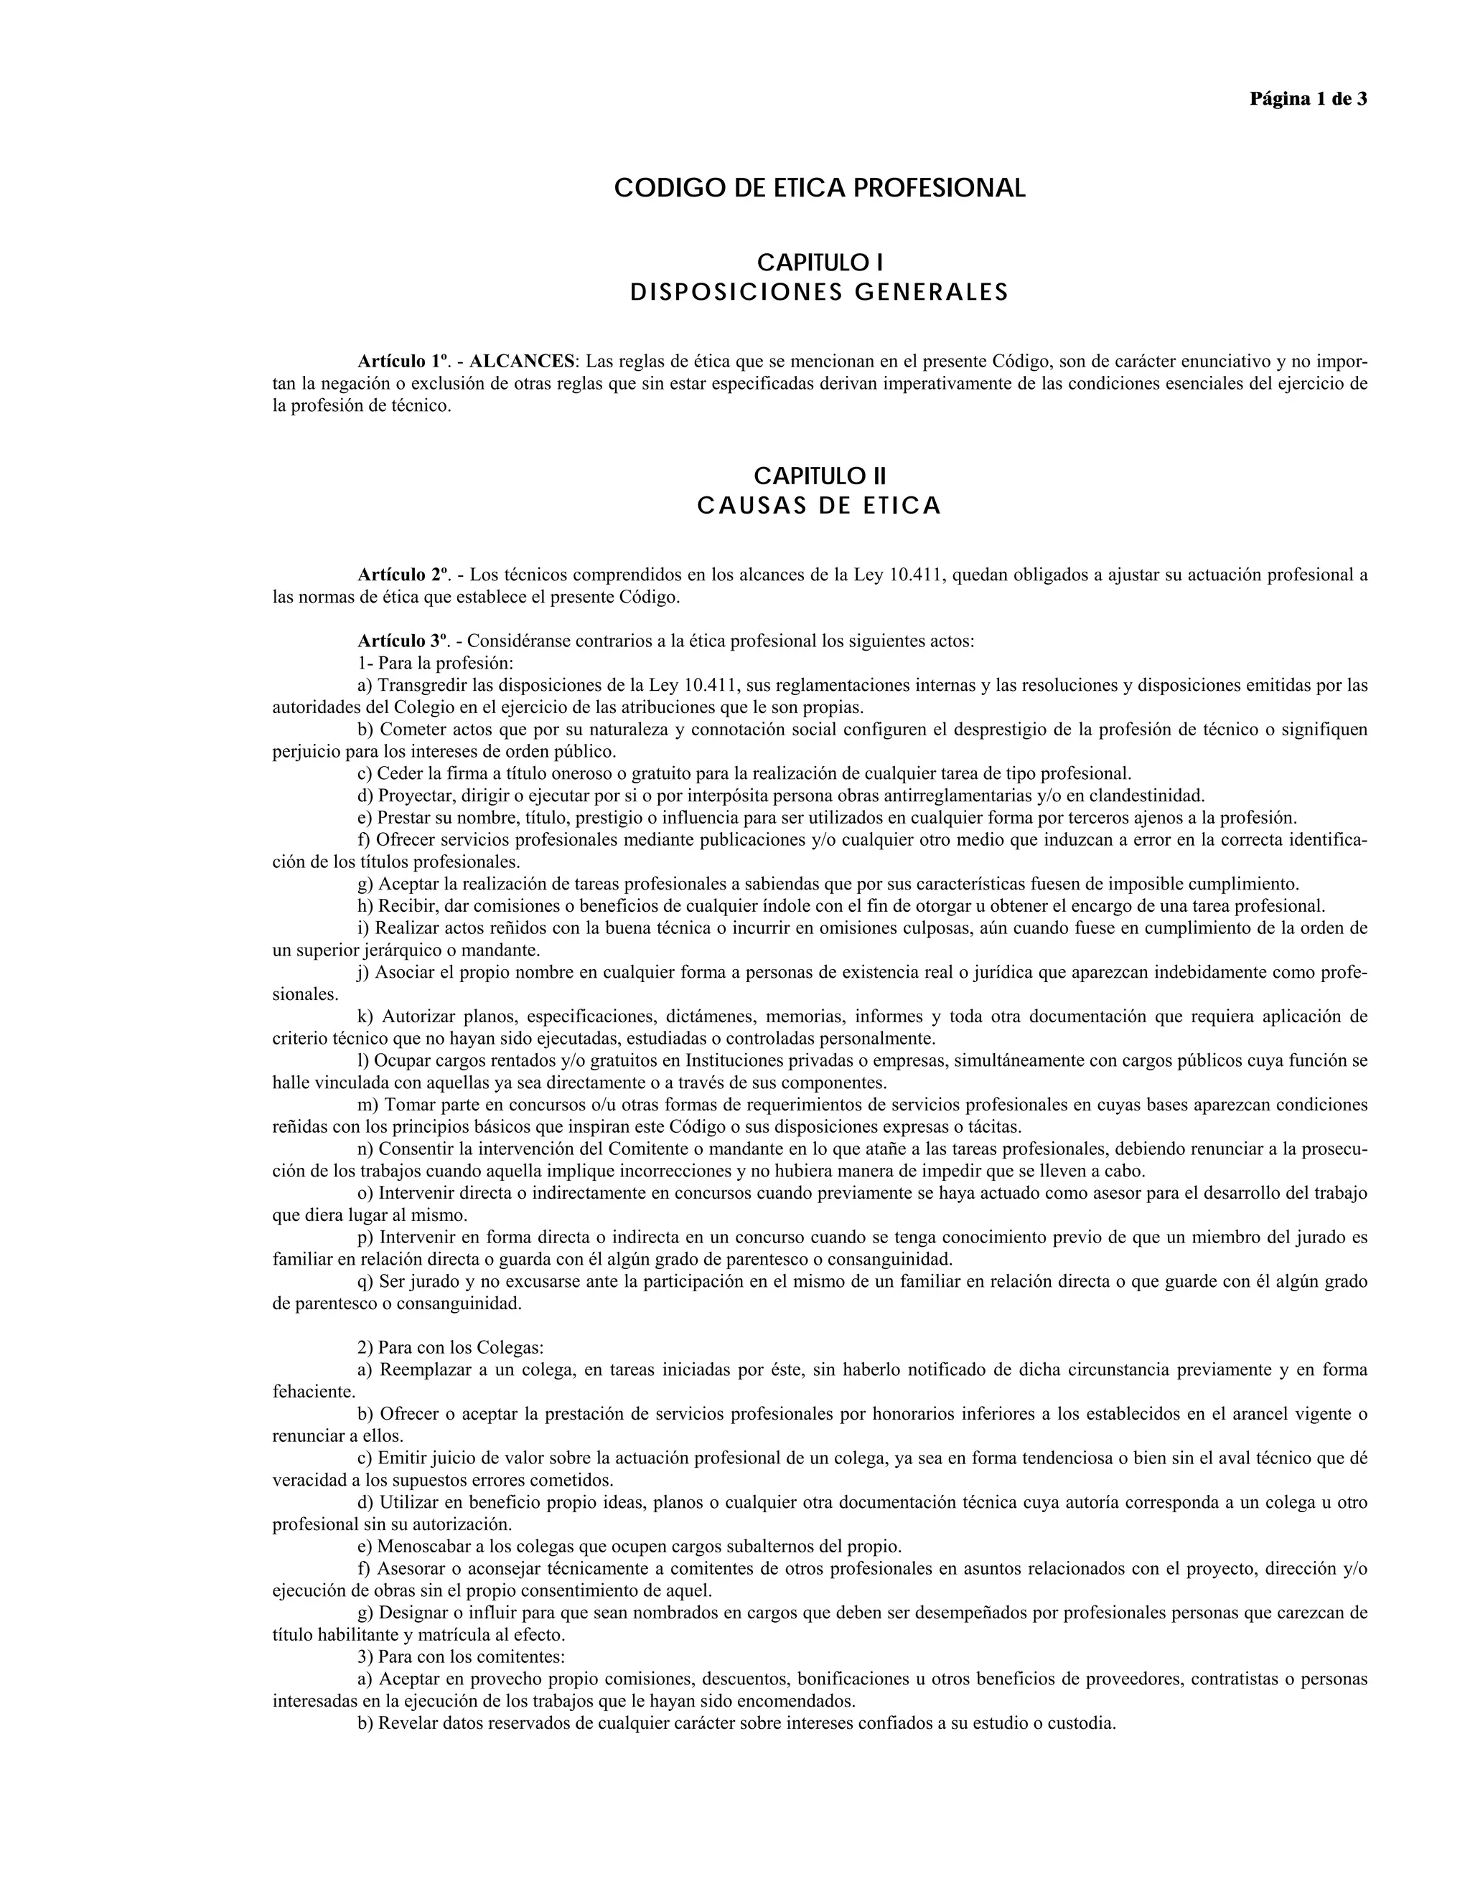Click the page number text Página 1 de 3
pos(1307,98)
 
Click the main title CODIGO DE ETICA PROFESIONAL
pos(820,188)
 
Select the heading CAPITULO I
pos(820,262)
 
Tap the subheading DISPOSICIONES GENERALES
pos(820,293)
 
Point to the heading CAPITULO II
pos(820,476)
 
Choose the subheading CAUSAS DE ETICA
pos(820,506)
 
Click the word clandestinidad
pos(1146,796)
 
